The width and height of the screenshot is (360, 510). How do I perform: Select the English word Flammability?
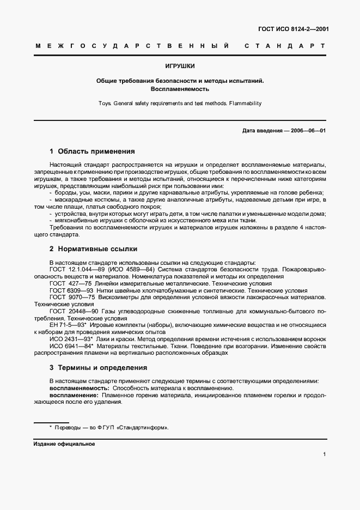[242, 102]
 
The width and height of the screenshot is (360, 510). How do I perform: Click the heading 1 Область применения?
[92, 151]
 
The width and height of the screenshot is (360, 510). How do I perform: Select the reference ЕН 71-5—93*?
[68, 325]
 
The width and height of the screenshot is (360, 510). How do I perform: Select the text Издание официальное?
[65, 444]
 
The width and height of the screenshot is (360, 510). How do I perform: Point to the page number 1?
[324, 454]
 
